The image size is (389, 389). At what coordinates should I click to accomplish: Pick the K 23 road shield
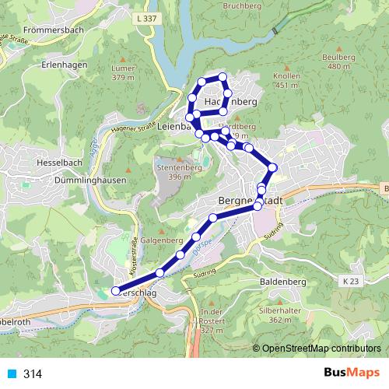(x=352, y=279)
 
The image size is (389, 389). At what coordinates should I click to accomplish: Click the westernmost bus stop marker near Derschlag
(x=116, y=292)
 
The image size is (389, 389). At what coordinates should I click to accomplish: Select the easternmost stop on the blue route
(x=272, y=167)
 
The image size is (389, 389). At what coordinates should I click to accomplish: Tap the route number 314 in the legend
(x=33, y=373)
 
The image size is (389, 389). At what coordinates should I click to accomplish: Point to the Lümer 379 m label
(x=124, y=73)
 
